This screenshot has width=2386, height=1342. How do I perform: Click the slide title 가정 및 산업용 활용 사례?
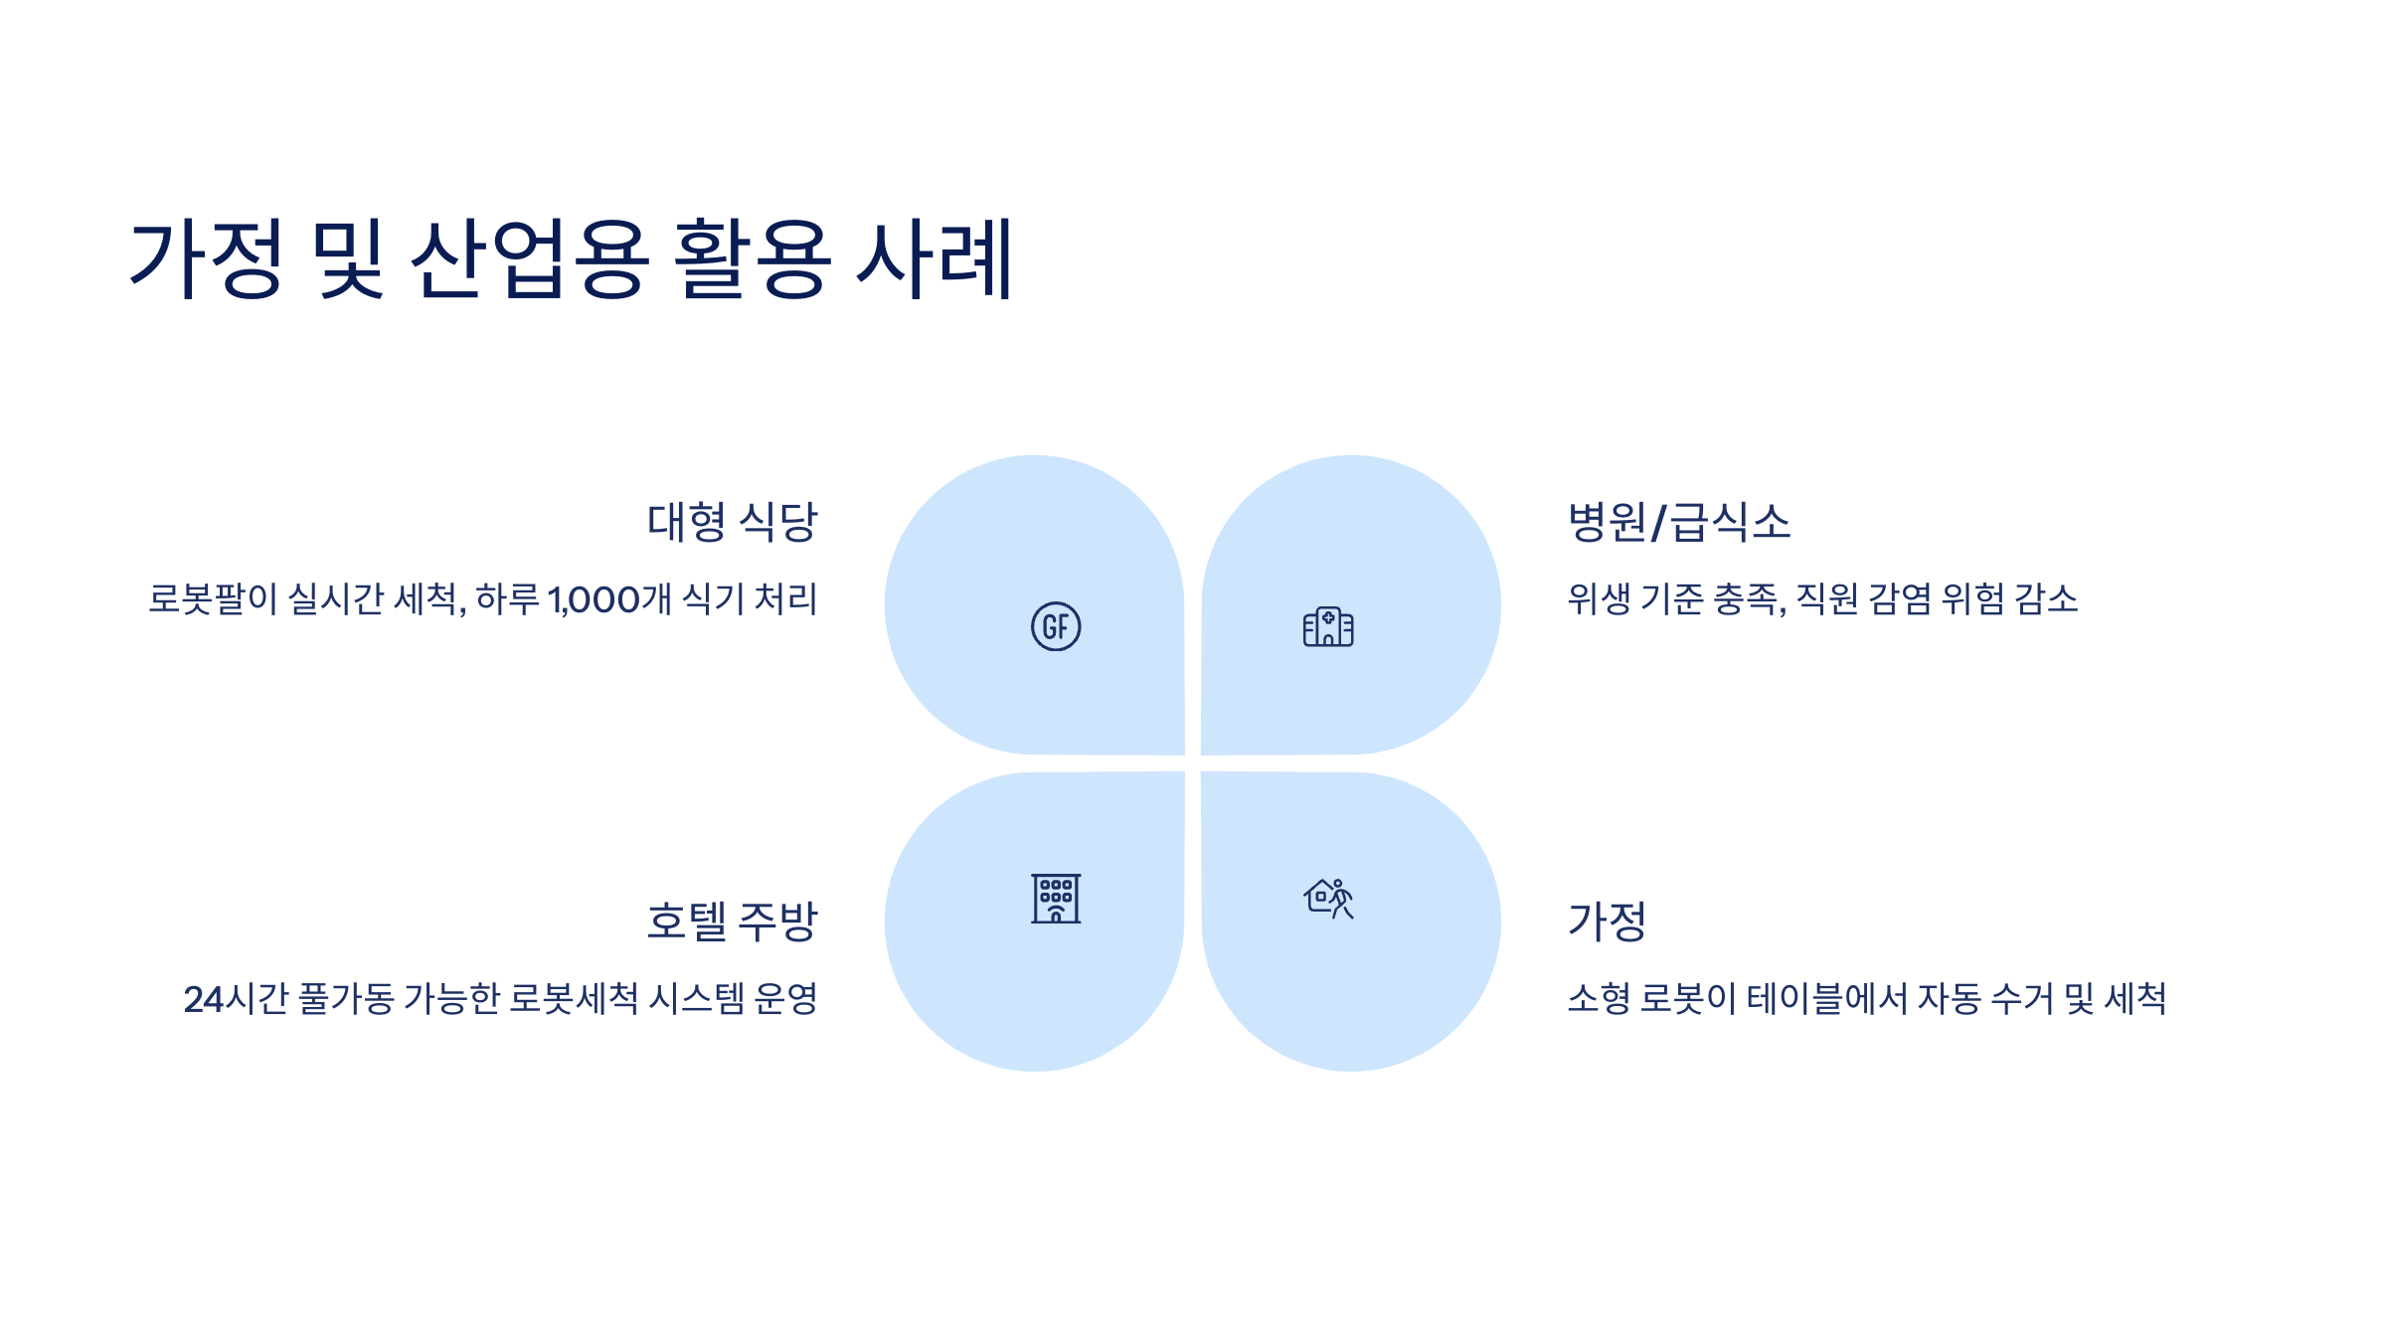[571, 258]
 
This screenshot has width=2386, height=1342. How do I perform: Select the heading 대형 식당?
[732, 522]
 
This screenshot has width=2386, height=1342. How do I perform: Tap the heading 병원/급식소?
[1679, 522]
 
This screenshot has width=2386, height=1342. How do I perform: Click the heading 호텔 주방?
[732, 922]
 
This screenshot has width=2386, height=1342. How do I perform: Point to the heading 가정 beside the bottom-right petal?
[1607, 922]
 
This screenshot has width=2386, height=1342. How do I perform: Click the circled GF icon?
[1056, 626]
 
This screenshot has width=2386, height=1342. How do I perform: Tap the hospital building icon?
[1328, 627]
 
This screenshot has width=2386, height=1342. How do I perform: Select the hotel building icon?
[1056, 899]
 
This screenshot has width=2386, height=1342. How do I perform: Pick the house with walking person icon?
[1328, 899]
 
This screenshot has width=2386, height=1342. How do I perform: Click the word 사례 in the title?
[935, 258]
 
